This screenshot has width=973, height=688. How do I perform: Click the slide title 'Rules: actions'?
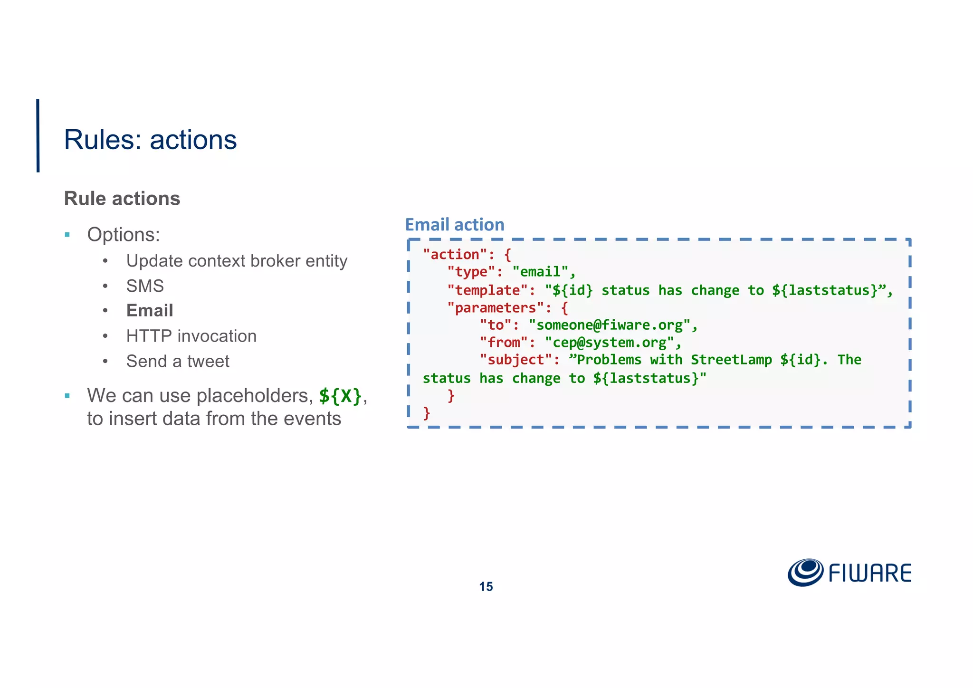[x=150, y=140]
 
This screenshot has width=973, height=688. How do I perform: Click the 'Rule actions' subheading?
[x=122, y=199]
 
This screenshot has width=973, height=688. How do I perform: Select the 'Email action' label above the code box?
[x=454, y=225]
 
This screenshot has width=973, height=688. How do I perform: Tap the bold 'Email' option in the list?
[x=150, y=311]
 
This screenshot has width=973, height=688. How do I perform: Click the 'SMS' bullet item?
[x=145, y=286]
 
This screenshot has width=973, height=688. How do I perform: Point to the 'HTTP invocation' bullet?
[x=191, y=336]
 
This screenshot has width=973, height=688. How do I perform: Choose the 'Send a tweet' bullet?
[x=178, y=362]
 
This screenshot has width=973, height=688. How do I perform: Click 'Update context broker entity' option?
[x=237, y=261]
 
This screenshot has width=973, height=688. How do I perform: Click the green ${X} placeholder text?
[x=340, y=396]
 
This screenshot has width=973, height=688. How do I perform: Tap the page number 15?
[x=486, y=587]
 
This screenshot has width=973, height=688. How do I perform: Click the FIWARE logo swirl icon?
[x=805, y=572]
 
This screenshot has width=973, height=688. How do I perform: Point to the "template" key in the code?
[x=487, y=290]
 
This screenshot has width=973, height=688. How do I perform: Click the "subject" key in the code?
[x=516, y=360]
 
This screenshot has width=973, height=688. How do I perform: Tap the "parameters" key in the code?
[x=496, y=308]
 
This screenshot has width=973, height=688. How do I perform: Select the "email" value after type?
[x=540, y=272]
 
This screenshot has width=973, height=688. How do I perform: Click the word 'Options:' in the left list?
[x=124, y=235]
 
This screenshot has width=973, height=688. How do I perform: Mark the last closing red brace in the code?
[x=427, y=413]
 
